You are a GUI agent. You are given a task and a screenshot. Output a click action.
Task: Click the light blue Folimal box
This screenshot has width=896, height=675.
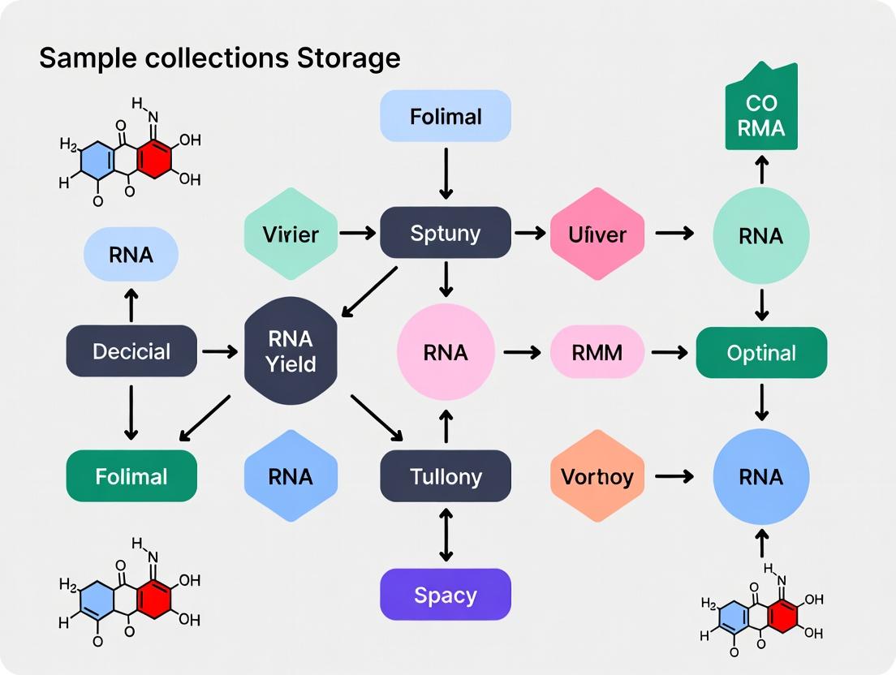(x=446, y=116)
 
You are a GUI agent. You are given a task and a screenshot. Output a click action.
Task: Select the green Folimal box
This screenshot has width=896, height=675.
(x=131, y=475)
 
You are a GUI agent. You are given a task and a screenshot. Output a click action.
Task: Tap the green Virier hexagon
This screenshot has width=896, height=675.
(x=291, y=234)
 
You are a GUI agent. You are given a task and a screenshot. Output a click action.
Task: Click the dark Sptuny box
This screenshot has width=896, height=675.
(x=446, y=234)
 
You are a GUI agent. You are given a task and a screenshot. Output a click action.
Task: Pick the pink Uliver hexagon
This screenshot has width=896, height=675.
(x=597, y=234)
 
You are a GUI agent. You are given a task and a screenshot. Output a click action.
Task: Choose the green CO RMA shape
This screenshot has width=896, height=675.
(x=760, y=114)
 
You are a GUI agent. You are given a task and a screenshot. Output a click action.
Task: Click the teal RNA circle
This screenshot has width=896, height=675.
(x=760, y=235)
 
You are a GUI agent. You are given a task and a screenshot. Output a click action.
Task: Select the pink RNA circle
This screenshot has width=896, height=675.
(x=446, y=353)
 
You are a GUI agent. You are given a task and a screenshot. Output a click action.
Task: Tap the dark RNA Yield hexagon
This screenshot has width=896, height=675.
(x=291, y=352)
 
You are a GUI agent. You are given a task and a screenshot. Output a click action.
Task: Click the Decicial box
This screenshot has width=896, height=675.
(x=131, y=351)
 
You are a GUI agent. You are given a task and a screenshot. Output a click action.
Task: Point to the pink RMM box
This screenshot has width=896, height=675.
(x=597, y=353)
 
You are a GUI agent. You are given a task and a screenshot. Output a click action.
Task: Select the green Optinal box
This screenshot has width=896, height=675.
(x=761, y=353)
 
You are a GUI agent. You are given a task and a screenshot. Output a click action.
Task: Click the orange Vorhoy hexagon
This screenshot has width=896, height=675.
(x=597, y=476)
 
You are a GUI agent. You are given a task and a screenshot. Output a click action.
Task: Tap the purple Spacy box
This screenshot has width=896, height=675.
(x=446, y=595)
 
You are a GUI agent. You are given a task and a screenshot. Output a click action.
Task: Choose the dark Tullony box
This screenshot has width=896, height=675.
(x=446, y=476)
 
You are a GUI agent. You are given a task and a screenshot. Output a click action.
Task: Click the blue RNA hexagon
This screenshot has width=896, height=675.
(x=291, y=476)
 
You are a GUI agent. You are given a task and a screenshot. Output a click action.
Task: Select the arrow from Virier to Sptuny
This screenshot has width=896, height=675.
(x=358, y=234)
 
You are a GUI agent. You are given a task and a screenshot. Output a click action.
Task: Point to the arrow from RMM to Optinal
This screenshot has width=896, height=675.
(x=670, y=353)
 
